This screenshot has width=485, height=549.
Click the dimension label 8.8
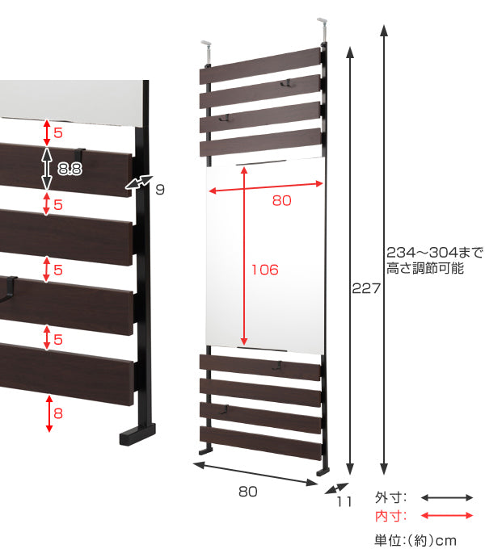pyautogui.click(x=70, y=169)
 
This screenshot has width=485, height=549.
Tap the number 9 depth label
pyautogui.click(x=160, y=190)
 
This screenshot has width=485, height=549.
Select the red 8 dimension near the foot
pyautogui.click(x=58, y=413)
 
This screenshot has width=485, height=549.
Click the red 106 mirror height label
pyautogui.click(x=265, y=270)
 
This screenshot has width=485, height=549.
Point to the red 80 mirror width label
pyautogui.click(x=282, y=200)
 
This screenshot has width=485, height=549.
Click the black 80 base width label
pyautogui.click(x=248, y=492)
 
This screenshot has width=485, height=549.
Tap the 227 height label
pyautogui.click(x=366, y=288)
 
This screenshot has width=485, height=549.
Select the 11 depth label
pyautogui.click(x=344, y=501)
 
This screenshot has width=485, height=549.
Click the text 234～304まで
pyautogui.click(x=435, y=252)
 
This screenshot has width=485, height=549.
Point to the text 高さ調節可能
pyautogui.click(x=425, y=268)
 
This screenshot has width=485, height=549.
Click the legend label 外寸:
pyautogui.click(x=390, y=497)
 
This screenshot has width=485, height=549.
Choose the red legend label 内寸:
pyautogui.click(x=390, y=516)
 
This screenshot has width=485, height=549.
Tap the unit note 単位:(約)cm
pyautogui.click(x=415, y=540)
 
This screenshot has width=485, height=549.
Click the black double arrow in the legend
pyautogui.click(x=447, y=497)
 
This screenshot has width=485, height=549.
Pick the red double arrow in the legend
pyautogui.click(x=447, y=515)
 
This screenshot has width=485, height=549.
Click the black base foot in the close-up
pyautogui.click(x=137, y=434)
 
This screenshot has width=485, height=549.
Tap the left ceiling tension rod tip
pyautogui.click(x=205, y=44)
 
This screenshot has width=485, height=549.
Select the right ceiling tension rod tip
pyautogui.click(x=322, y=20)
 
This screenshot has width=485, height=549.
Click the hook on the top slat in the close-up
pyautogui.click(x=80, y=153)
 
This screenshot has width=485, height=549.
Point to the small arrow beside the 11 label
pyautogui.click(x=336, y=488)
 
